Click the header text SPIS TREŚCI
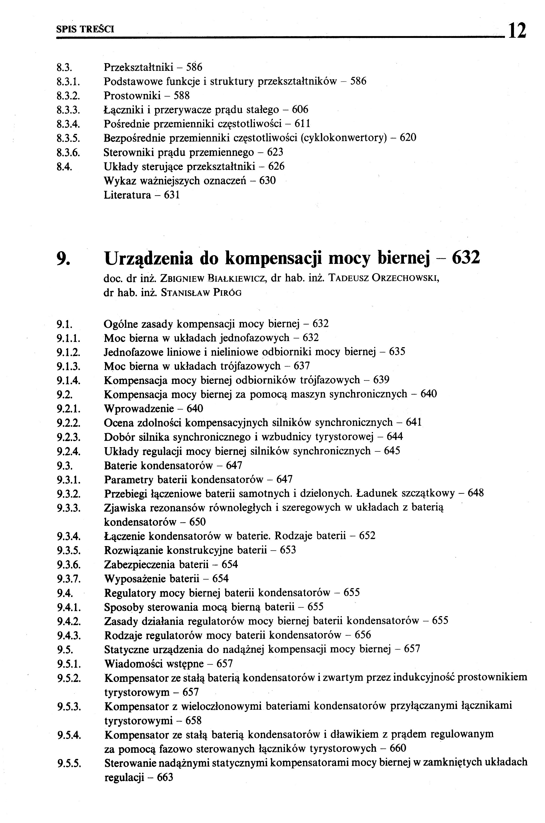point(85,29)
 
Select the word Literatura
point(128,195)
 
